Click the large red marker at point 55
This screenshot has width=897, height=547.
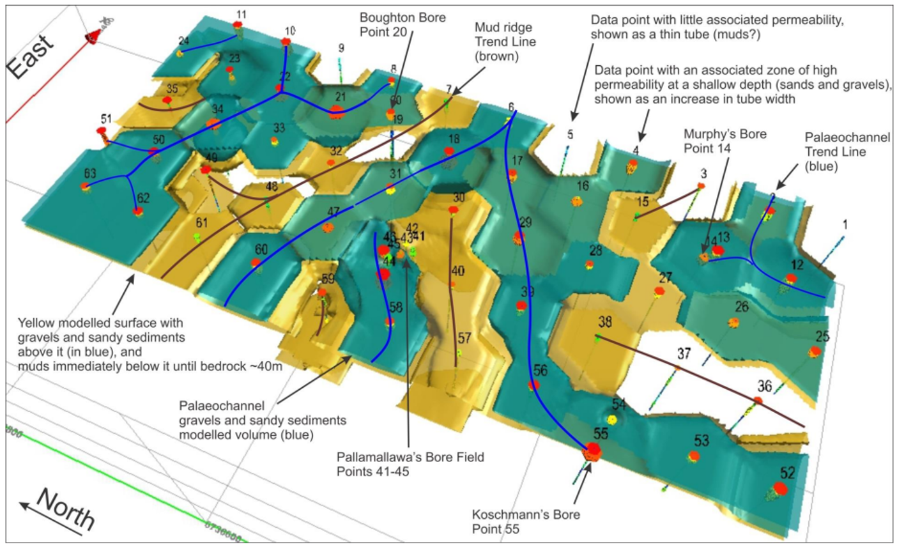(592, 451)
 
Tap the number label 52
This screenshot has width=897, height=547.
(787, 473)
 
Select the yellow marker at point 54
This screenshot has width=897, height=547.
(613, 419)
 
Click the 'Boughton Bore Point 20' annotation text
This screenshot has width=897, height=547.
(402, 24)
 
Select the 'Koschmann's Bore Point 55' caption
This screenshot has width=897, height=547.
(525, 521)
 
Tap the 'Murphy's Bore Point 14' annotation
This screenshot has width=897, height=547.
(725, 141)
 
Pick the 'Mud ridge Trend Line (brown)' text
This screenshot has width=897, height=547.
(505, 42)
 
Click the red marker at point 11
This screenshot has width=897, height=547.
(238, 25)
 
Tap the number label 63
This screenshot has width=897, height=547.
(89, 173)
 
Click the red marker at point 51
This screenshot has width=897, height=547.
(101, 131)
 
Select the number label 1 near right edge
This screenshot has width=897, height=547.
(845, 225)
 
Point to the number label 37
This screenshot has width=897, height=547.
(684, 353)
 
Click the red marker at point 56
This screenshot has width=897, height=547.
(534, 385)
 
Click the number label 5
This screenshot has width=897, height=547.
(570, 135)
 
